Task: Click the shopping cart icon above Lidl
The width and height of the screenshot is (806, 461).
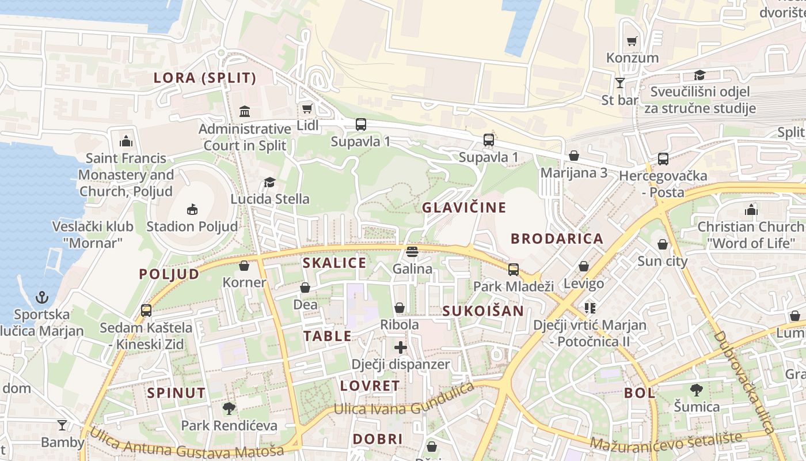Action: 307,108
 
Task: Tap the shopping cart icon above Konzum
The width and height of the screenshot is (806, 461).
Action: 632,41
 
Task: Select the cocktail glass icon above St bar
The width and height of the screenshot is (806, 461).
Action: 620,83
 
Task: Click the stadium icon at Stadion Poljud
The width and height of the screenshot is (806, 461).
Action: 192,209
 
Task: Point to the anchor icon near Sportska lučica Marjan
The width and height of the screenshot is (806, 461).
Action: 42,297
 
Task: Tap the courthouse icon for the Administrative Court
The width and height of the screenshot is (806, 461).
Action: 245,111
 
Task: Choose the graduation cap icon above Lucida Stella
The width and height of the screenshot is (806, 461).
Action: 269,183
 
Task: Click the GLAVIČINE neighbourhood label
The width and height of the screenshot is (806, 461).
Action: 464,207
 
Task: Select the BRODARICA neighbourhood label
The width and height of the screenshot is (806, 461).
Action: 557,239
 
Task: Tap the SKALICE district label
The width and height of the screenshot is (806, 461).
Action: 334,263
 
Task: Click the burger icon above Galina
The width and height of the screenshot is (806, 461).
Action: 412,252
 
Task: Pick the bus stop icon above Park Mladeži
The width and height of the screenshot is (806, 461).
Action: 513,269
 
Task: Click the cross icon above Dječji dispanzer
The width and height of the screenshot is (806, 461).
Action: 401,347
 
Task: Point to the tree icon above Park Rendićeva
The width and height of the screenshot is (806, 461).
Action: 229,409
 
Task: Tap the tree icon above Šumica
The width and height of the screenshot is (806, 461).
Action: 697,390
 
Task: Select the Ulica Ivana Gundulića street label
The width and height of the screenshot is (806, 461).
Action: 405,401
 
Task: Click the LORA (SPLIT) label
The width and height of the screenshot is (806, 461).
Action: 205,78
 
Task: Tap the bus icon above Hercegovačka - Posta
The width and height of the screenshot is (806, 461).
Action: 663,158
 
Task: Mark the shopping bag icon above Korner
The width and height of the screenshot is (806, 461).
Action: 244,266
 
